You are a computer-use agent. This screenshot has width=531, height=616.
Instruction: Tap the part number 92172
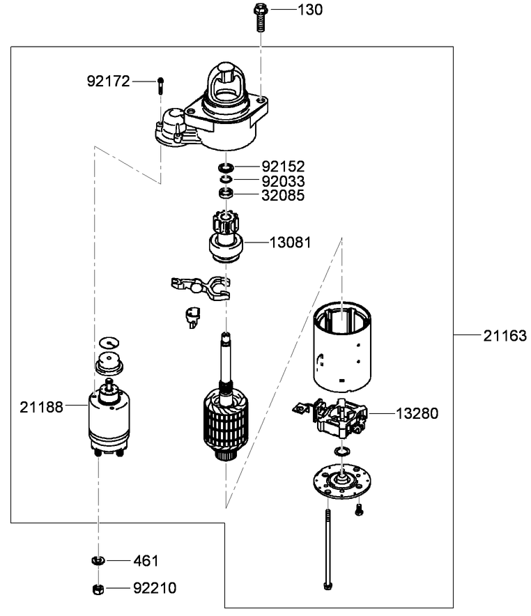click(x=108, y=82)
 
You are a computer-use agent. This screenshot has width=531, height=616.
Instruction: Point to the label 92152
click(x=283, y=167)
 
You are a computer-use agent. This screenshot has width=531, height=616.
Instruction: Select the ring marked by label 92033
click(x=225, y=180)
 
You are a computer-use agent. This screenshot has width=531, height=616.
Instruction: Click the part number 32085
click(x=283, y=196)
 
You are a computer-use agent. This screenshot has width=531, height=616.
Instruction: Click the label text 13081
click(x=291, y=242)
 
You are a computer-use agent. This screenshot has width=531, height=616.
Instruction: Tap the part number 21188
click(x=41, y=406)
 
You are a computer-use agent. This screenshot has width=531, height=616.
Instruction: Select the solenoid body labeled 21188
click(x=109, y=418)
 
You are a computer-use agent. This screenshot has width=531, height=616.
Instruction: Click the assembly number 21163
click(x=505, y=336)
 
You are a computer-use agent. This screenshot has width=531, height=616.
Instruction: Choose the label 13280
click(x=417, y=413)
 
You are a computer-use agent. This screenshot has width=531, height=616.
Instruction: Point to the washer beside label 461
click(x=98, y=560)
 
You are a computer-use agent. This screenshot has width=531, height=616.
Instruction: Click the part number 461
click(x=146, y=561)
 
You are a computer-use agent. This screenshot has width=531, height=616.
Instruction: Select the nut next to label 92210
click(x=98, y=588)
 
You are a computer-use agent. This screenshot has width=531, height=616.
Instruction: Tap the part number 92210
click(x=155, y=589)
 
